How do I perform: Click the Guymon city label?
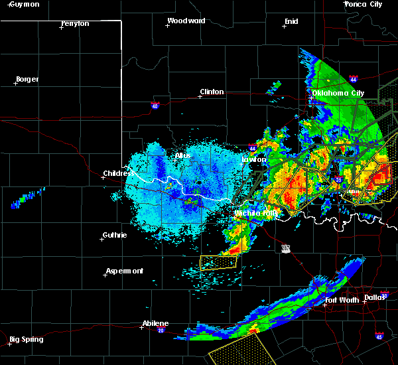coord(25,4)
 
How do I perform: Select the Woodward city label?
coord(186,21)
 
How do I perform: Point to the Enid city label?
coord(291,21)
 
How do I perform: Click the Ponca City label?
coord(364,4)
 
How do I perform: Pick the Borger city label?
coord(27,79)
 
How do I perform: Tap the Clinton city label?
coord(212,92)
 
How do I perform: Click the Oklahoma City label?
coord(338,93)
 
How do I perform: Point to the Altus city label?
coord(182,155)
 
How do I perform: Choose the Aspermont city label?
coord(125,271)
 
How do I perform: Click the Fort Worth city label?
coord(342,300)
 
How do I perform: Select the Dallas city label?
coord(374,297)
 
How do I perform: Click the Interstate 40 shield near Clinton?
coord(155,105)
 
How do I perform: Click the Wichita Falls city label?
coord(255,213)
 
